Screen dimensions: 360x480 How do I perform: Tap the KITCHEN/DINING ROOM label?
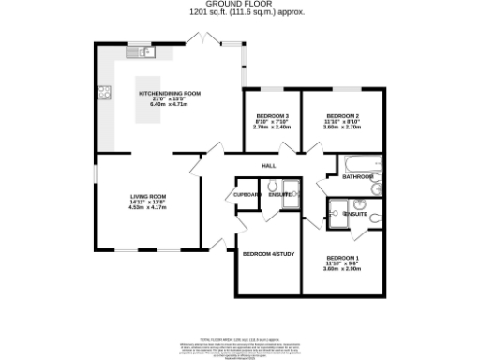click(x=170, y=95)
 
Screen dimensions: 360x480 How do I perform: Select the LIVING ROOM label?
click(x=146, y=197)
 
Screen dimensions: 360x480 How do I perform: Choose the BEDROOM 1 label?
click(x=340, y=258)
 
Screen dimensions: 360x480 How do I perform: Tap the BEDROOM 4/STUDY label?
click(x=269, y=254)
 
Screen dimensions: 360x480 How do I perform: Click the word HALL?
click(x=269, y=166)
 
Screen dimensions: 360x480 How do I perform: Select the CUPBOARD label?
click(x=247, y=195)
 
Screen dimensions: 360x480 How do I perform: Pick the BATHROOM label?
click(x=358, y=176)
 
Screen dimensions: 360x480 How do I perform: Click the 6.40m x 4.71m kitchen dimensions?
click(x=170, y=106)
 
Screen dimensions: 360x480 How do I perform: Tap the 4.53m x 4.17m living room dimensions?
click(x=146, y=208)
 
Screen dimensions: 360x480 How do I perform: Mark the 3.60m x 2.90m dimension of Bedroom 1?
click(x=340, y=269)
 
